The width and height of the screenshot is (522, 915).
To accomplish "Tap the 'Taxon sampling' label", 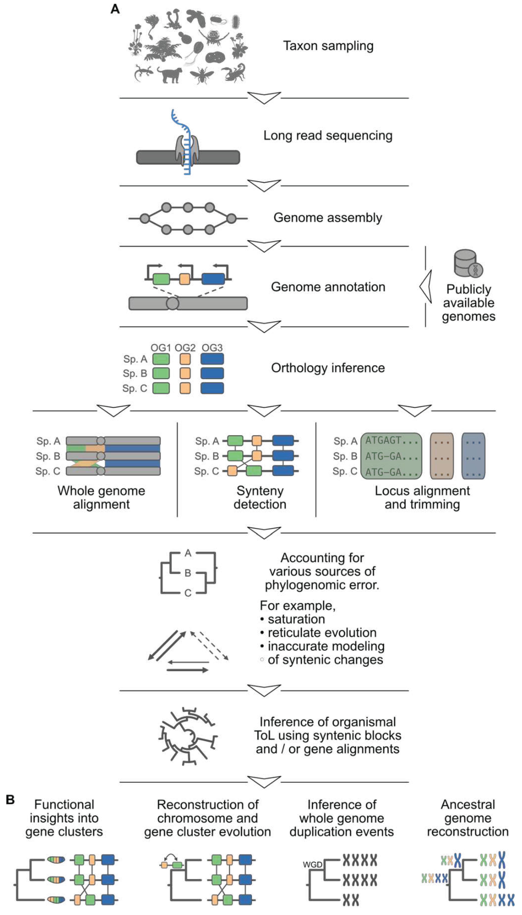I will click(328, 46).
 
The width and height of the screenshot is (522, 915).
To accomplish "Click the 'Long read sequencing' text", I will click(328, 136).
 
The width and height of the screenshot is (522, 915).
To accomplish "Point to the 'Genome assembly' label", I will click(328, 218).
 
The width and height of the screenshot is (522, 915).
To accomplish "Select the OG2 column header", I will click(185, 348).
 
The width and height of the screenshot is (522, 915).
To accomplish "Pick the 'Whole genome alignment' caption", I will click(101, 497).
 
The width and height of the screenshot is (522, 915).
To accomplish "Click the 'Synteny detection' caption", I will click(260, 497).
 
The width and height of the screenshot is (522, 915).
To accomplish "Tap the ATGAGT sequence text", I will click(383, 440).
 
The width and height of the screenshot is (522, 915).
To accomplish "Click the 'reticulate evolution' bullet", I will click(322, 632).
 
